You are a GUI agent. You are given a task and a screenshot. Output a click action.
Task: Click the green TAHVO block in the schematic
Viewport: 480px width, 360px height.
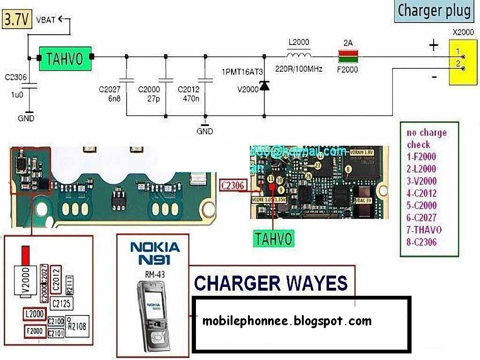[65, 58]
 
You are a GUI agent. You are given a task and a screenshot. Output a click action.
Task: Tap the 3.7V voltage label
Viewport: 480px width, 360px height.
[17, 20]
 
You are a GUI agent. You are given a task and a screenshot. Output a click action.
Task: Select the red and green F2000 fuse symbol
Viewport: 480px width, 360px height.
[348, 58]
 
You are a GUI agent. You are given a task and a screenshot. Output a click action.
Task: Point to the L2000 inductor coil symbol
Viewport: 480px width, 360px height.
[299, 56]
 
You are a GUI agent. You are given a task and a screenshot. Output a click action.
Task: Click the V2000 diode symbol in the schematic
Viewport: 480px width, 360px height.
[264, 86]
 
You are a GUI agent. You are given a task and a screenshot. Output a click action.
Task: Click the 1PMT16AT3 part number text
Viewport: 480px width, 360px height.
[242, 72]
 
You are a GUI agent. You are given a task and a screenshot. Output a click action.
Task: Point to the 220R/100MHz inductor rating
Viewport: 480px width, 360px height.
[299, 69]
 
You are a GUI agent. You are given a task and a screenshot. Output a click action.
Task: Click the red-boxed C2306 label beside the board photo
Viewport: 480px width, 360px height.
[233, 186]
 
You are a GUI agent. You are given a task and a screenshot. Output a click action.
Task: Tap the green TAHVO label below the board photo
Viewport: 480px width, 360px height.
[273, 239]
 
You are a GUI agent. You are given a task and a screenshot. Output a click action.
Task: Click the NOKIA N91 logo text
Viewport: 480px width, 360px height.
[155, 253]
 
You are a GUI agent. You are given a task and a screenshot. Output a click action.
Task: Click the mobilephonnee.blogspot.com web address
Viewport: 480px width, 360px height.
[287, 321]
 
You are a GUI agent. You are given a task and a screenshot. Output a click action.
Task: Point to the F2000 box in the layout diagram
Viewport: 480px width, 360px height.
[35, 331]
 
